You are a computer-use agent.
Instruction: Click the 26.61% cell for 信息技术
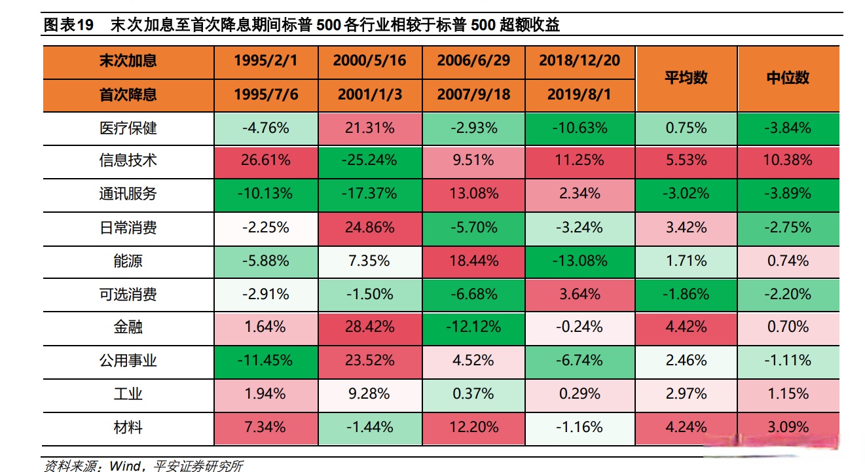265,160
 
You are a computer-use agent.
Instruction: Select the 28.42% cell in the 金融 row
369,327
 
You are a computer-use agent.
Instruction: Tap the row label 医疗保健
128,128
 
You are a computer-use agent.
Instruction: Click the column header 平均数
686,78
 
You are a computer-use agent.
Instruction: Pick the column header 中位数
788,78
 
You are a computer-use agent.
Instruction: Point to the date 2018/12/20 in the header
580,61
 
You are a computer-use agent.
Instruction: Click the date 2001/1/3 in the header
369,95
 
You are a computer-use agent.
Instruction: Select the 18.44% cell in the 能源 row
473,261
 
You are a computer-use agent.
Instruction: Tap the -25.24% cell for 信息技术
369,160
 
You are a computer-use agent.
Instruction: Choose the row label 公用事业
128,360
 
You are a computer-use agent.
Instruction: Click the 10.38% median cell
788,160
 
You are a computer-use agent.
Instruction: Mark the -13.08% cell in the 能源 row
580,261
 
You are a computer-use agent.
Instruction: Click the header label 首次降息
128,95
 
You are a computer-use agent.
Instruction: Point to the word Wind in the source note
124,465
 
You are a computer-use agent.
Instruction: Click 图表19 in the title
68,26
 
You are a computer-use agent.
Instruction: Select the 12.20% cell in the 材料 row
473,427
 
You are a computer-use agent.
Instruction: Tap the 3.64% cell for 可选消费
580,294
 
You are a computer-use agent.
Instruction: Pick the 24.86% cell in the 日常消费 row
369,228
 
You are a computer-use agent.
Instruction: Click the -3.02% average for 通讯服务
686,194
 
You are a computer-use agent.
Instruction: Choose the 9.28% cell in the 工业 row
369,394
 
